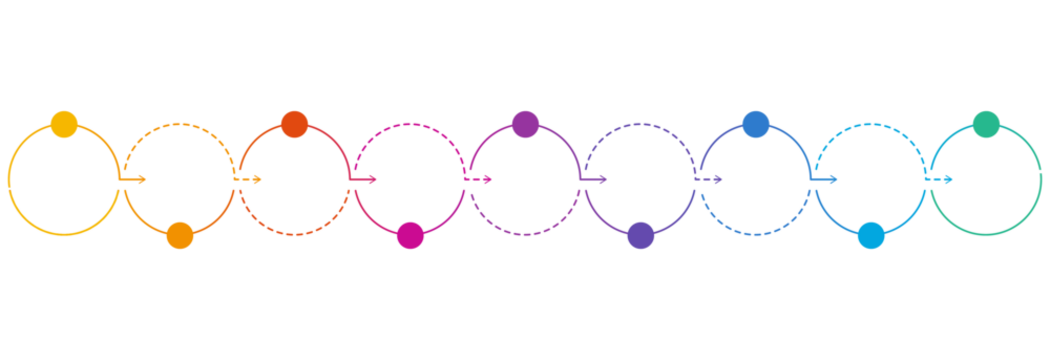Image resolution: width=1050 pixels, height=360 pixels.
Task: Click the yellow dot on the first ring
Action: click(64, 124)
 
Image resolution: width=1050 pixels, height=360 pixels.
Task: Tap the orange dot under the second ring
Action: click(179, 235)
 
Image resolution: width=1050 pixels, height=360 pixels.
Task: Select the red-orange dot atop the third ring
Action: click(294, 124)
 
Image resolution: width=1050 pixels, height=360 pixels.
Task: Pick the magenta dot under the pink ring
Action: click(410, 235)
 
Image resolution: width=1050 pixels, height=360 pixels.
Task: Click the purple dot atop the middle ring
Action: click(525, 124)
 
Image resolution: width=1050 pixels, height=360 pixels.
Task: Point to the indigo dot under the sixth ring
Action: click(640, 235)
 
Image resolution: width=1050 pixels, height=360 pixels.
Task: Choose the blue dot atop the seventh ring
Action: click(756, 124)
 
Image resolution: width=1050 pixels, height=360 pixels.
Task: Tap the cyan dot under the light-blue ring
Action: click(871, 235)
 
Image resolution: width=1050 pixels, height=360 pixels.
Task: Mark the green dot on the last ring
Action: click(986, 124)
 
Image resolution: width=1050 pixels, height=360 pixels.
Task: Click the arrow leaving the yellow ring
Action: click(135, 180)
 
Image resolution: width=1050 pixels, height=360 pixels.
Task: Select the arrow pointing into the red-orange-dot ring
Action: click(250, 180)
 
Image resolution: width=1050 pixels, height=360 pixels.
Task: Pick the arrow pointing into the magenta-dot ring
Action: click(365, 180)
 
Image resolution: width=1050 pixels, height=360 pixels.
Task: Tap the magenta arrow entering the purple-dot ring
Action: click(481, 180)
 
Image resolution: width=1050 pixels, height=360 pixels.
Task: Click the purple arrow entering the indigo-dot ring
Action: click(596, 180)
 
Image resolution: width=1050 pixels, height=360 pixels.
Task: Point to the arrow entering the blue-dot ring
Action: click(711, 180)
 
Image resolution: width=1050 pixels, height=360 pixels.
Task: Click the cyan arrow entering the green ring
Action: click(942, 180)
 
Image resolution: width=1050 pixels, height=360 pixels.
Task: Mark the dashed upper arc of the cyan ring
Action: click(871, 125)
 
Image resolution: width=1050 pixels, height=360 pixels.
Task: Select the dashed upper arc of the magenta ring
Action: click(410, 125)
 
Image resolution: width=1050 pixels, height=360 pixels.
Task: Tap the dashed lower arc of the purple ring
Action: click(525, 234)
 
